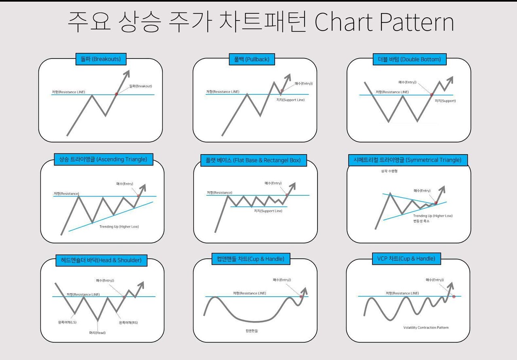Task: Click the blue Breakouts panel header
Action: (101, 59)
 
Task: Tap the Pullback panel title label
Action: (252, 59)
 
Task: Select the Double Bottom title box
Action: (410, 59)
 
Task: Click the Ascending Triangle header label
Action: (103, 159)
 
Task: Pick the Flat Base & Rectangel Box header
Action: (253, 160)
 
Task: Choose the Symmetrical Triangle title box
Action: (408, 160)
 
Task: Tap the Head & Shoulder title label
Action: (101, 260)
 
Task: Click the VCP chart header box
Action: (406, 259)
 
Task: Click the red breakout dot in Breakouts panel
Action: (116, 94)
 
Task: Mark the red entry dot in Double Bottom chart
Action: (432, 94)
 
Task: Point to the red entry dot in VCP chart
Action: (454, 296)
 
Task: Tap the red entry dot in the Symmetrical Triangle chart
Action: (436, 203)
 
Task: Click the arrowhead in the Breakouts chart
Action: (127, 74)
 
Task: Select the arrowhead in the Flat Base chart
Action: (293, 186)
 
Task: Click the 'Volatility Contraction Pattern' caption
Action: (426, 327)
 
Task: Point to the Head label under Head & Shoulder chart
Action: (97, 333)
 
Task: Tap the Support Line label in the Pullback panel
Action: (290, 100)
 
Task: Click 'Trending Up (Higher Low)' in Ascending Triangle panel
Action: (119, 227)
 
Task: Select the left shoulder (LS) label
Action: (67, 322)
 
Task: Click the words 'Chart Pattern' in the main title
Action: (384, 22)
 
